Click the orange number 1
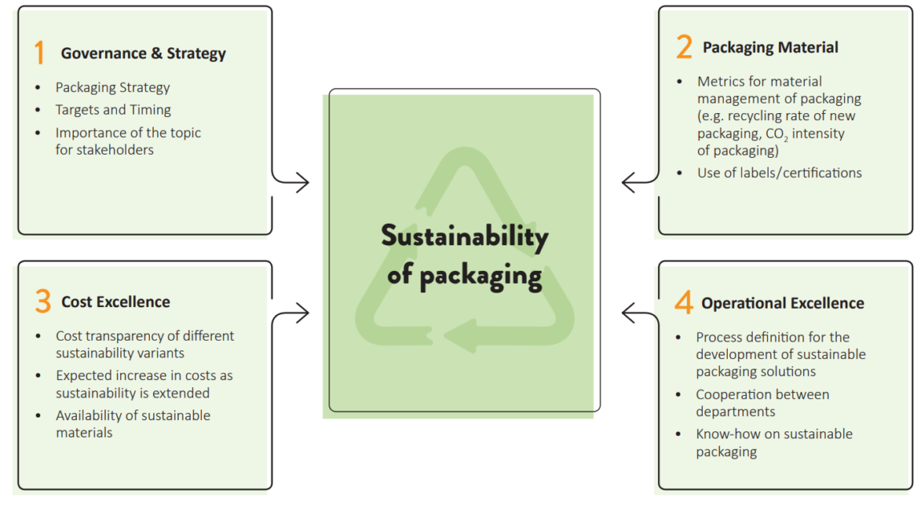[38, 54]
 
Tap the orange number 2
[683, 47]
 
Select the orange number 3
[42, 302]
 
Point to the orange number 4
[683, 303]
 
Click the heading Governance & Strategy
[143, 54]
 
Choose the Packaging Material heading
[770, 47]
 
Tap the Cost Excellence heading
[115, 302]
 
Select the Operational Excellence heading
[782, 303]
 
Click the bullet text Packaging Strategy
[112, 87]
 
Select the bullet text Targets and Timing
[113, 110]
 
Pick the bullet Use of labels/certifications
[779, 172]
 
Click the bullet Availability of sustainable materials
[132, 424]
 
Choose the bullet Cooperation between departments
[762, 402]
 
